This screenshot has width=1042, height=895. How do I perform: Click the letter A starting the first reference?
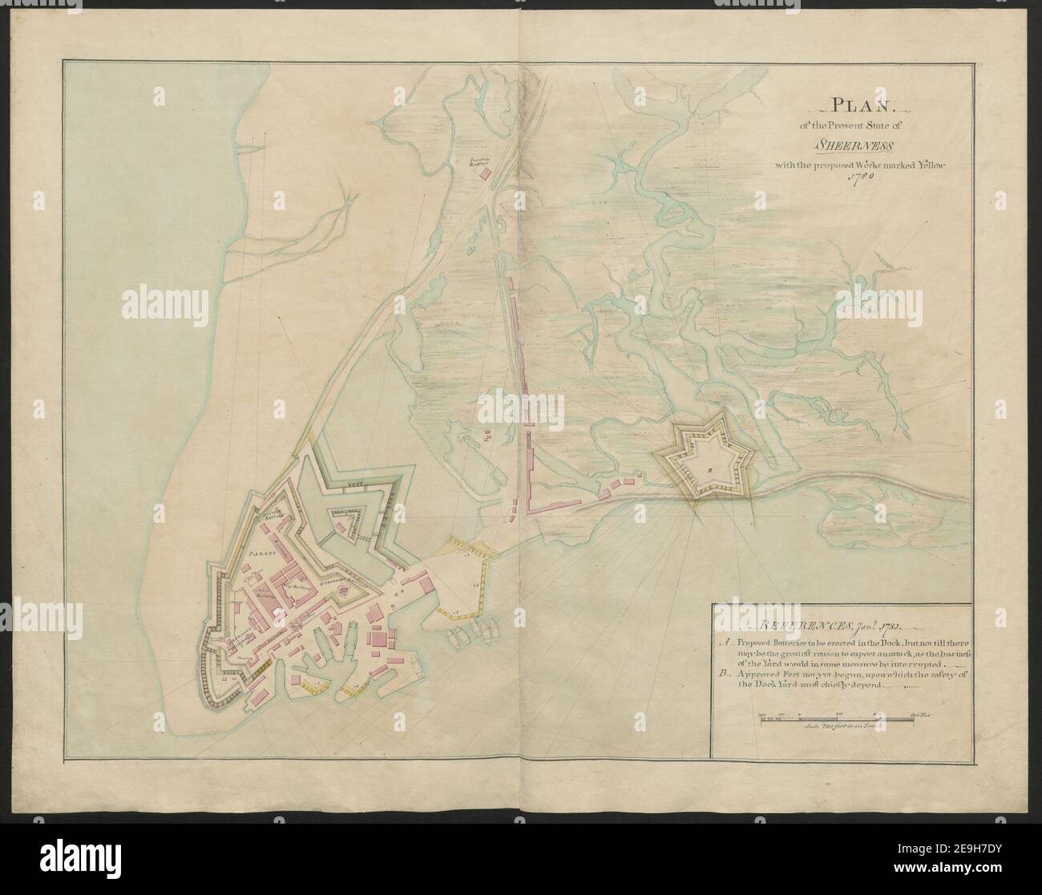(723, 642)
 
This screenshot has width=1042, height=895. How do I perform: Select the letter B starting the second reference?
(723, 675)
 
